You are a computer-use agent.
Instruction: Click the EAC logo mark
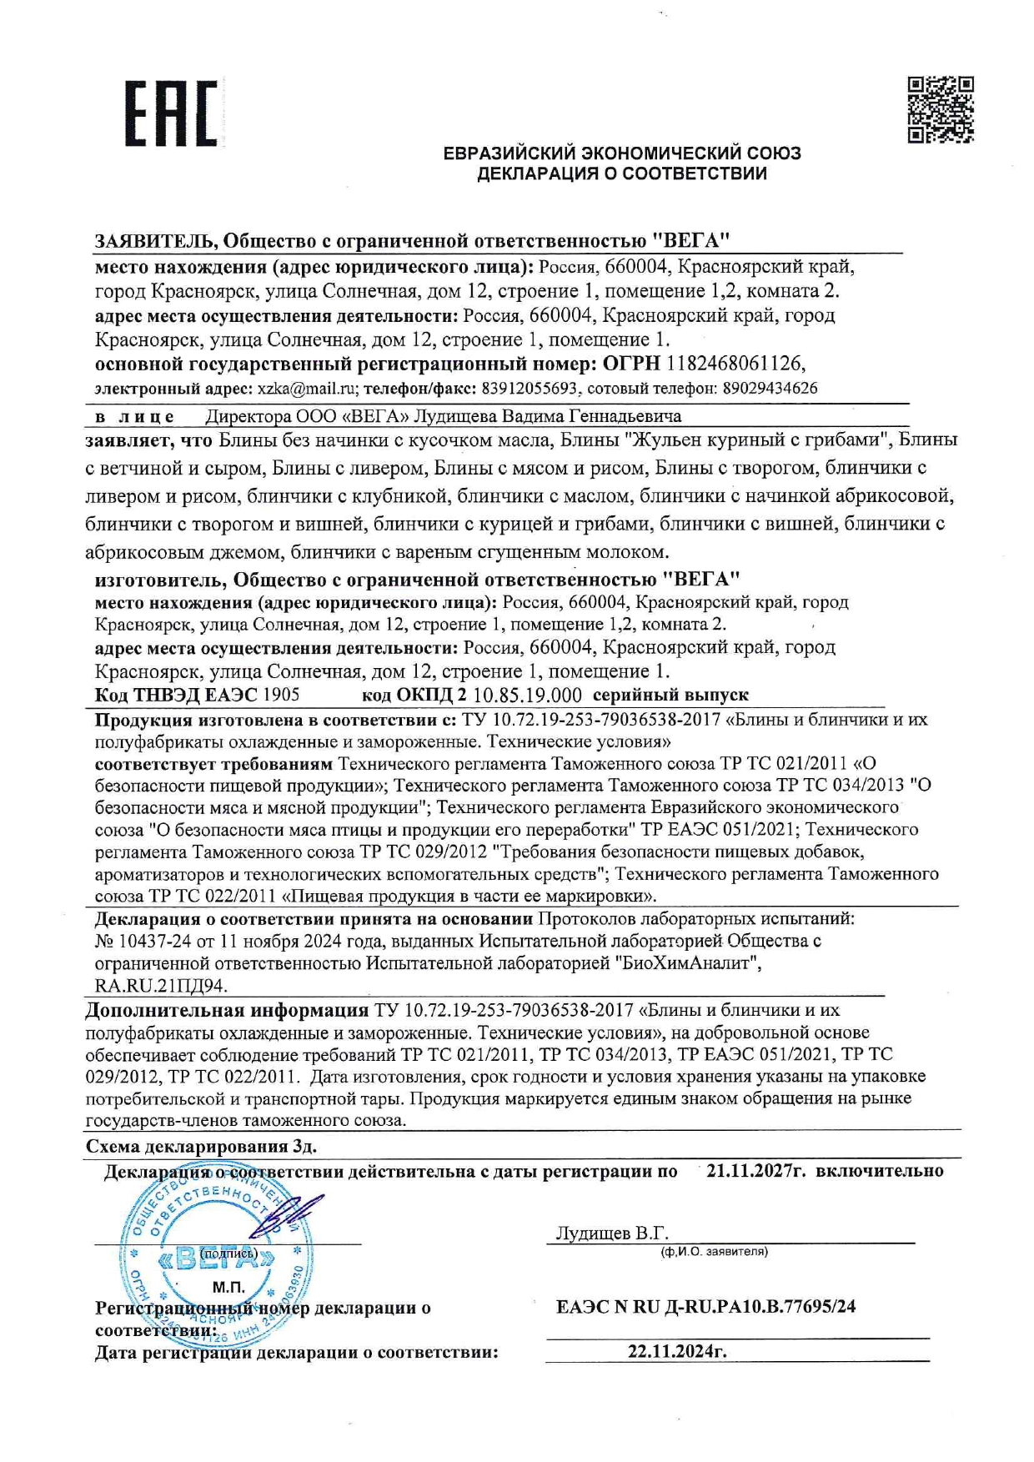point(171,113)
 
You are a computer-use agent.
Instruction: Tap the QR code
point(940,109)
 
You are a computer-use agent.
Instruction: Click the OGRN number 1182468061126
point(735,364)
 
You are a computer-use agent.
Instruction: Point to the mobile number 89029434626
point(770,389)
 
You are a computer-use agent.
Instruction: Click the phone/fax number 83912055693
point(531,389)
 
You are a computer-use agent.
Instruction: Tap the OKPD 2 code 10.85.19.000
point(527,695)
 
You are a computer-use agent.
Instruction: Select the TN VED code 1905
point(281,695)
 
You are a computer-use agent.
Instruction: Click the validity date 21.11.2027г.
point(755,1171)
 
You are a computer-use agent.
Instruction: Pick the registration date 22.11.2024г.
point(677,1351)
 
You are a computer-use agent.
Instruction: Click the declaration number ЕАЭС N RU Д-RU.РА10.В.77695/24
point(705,1306)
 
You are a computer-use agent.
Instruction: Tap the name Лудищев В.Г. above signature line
point(612,1233)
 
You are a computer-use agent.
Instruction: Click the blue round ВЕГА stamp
point(215,1259)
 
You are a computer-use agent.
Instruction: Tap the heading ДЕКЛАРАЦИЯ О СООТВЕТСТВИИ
point(621,174)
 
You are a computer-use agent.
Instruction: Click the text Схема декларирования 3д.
point(201,1146)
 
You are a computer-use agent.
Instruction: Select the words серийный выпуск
point(670,695)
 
